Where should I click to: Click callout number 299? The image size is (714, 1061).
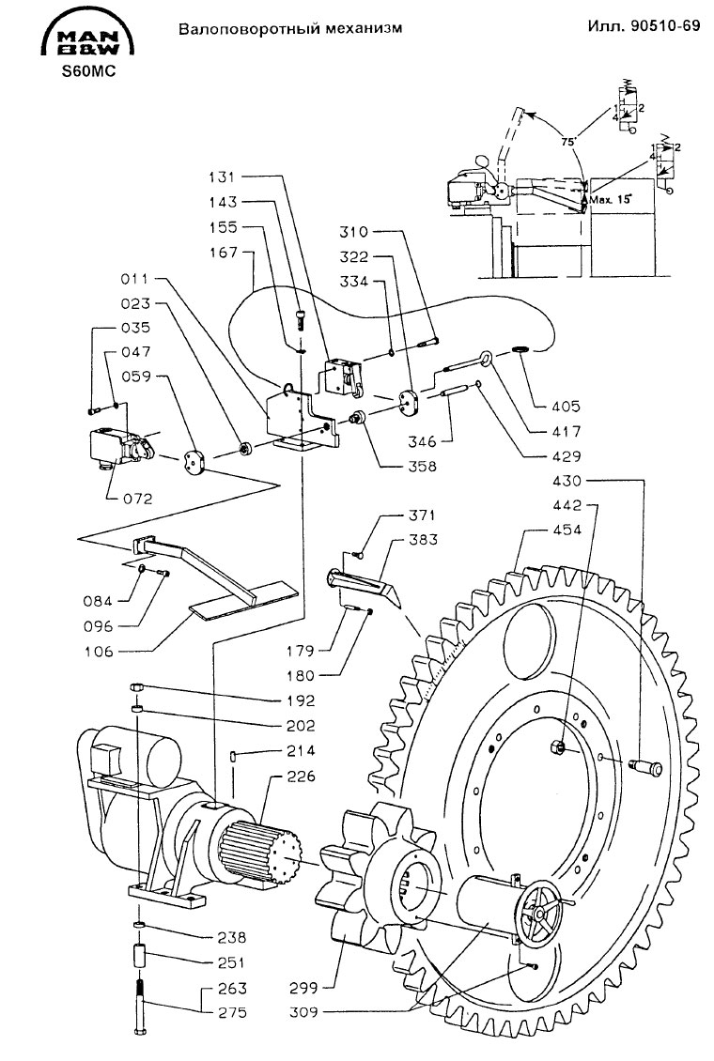(x=306, y=987)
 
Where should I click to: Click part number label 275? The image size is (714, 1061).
(x=232, y=1012)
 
